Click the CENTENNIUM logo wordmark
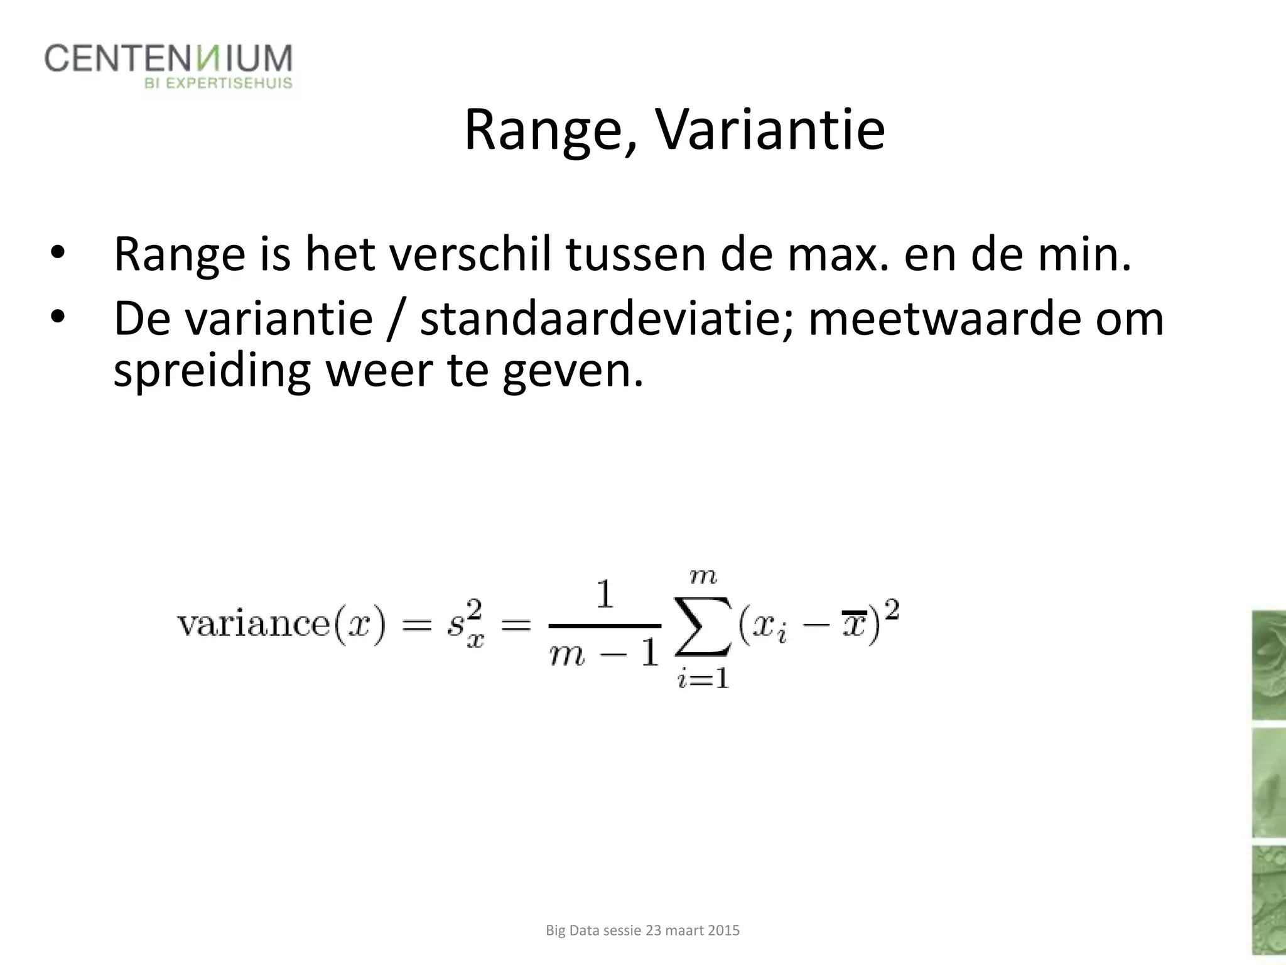[168, 58]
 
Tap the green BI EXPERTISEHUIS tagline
[219, 83]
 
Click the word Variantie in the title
[770, 130]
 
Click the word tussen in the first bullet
[635, 254]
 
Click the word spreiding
[212, 371]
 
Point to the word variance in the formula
[254, 624]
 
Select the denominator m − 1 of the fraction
[603, 655]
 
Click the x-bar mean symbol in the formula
[854, 624]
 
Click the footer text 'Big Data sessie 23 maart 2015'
[642, 930]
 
